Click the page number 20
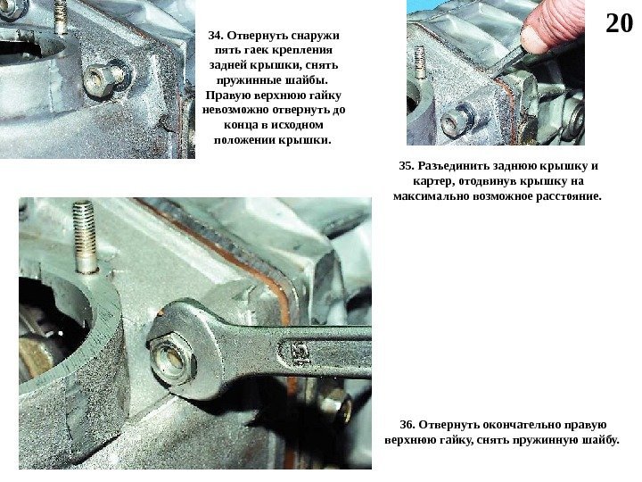(x=619, y=23)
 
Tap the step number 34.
(x=216, y=35)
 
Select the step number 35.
(x=407, y=166)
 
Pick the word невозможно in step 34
(x=235, y=111)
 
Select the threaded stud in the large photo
(x=86, y=237)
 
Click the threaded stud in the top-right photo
(x=419, y=62)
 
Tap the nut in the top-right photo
(x=458, y=119)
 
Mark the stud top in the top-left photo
(x=61, y=4)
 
